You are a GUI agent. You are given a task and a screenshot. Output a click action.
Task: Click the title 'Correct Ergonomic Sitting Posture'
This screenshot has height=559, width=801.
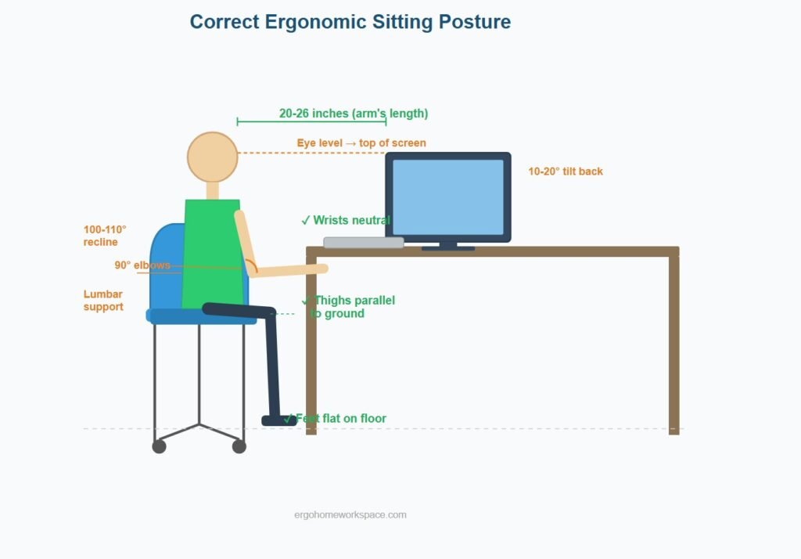pos(350,22)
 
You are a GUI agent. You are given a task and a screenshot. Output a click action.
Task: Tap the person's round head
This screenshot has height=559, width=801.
pos(213,157)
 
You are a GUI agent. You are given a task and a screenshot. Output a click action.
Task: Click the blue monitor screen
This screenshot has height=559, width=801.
pos(448,197)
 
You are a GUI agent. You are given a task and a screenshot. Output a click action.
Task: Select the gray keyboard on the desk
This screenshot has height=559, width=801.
pos(364,243)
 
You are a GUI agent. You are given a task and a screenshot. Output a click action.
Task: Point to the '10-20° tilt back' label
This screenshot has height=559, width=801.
pos(566,171)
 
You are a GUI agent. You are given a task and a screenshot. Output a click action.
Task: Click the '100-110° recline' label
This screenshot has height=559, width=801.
pos(105,236)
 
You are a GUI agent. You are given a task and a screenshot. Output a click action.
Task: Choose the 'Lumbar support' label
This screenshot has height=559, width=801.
pos(103,300)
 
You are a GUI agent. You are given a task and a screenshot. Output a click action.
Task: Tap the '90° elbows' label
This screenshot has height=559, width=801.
pos(142,265)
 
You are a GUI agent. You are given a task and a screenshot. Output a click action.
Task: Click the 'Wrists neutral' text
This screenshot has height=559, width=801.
pos(346,220)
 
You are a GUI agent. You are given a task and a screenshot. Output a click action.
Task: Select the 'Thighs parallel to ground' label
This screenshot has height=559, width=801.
pos(348,307)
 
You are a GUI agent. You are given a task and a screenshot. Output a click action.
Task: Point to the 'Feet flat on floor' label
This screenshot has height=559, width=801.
pos(335,418)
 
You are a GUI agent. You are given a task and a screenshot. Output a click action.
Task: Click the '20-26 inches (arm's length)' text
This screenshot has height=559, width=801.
pos(354,113)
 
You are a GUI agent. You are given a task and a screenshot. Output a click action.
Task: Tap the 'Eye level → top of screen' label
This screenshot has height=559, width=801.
pos(361,142)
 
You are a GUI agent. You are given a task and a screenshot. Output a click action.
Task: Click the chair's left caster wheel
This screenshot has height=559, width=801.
pos(160,446)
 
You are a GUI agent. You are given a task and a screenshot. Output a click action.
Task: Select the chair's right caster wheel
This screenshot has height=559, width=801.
pos(239,446)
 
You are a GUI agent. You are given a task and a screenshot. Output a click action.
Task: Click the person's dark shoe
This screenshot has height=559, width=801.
pos(279,420)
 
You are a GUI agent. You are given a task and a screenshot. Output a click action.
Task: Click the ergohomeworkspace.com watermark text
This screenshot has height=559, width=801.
pos(350,514)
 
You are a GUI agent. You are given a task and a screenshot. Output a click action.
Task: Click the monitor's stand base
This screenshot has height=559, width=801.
pos(448,248)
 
